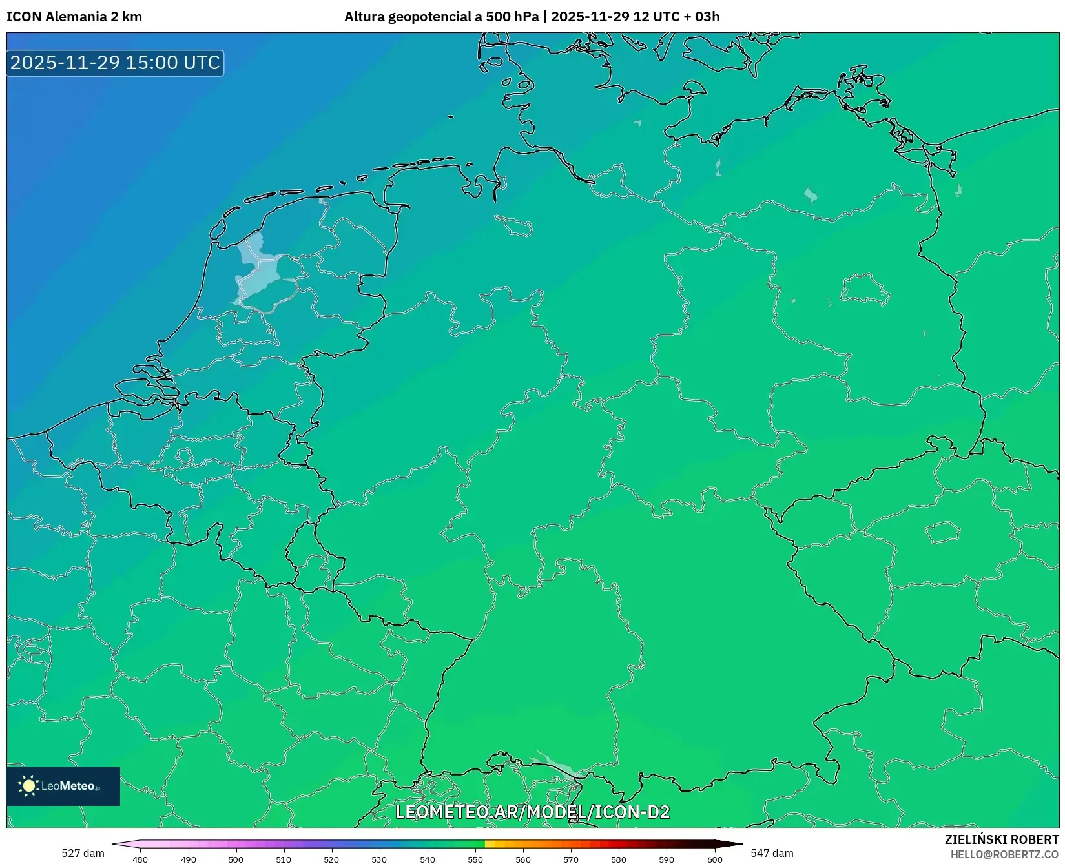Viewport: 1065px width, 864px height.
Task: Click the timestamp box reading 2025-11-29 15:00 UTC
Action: (x=115, y=63)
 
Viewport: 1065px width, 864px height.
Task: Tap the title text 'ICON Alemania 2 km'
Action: (x=74, y=17)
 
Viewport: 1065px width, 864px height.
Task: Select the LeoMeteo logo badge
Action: (x=63, y=786)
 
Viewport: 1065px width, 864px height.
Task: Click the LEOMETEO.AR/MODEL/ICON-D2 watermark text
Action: (x=532, y=812)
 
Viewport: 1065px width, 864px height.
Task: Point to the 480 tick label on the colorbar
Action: (x=140, y=859)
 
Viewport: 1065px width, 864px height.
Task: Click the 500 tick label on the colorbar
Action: (x=236, y=859)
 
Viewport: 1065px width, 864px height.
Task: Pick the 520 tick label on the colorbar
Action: (x=331, y=859)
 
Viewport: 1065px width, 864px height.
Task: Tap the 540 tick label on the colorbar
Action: (x=428, y=859)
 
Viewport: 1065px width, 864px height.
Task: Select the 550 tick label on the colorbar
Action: (x=475, y=859)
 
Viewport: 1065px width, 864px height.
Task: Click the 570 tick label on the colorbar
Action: (x=571, y=859)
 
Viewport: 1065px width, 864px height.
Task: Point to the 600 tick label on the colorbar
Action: (x=714, y=859)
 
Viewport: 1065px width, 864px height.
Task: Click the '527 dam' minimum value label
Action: (x=83, y=853)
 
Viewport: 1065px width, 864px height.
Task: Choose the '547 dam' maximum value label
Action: (x=772, y=853)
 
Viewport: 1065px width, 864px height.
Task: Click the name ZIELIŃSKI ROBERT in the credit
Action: (x=1002, y=839)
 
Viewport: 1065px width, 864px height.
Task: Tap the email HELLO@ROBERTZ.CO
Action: (x=1004, y=854)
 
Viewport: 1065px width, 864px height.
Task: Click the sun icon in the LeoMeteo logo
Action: (x=28, y=786)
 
